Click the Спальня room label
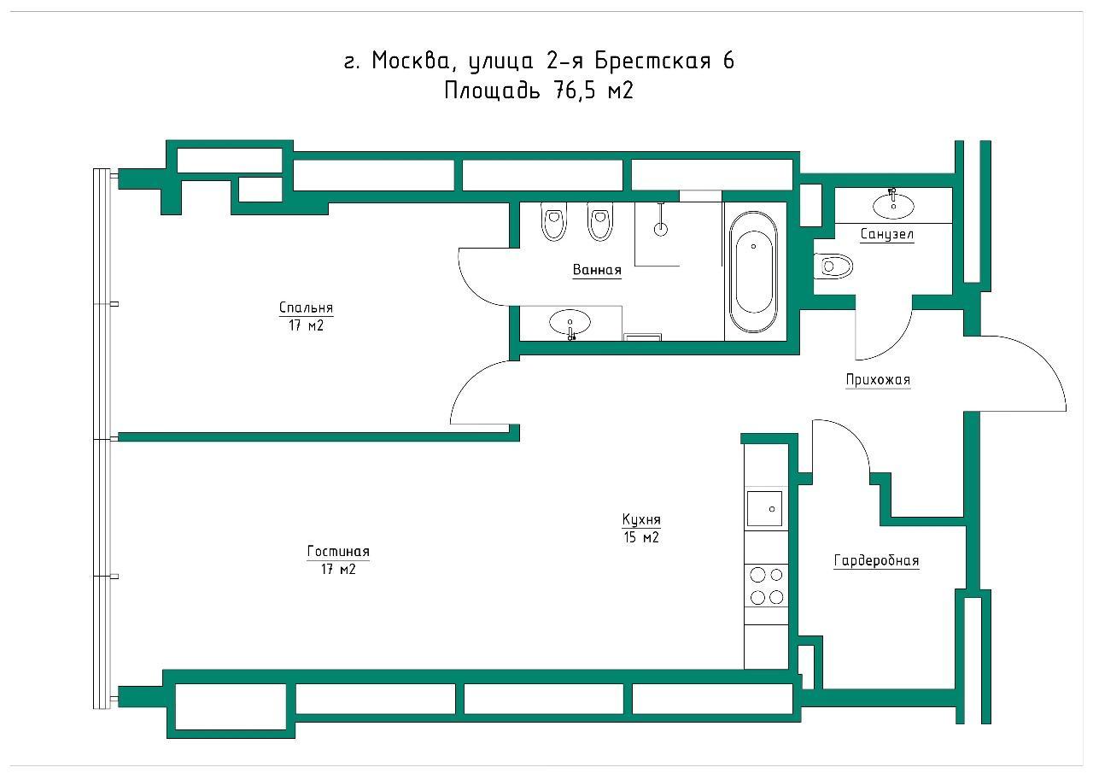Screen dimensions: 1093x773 tap(306, 307)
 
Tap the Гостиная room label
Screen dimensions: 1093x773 tap(338, 552)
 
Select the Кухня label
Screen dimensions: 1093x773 tap(641, 519)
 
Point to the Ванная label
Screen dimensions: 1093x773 tap(597, 270)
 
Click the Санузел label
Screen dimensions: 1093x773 tap(886, 235)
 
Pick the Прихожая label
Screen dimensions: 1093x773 tap(878, 380)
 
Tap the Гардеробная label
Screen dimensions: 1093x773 tap(876, 560)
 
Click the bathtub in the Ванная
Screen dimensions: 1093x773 tap(753, 272)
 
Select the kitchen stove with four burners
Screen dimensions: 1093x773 tap(766, 586)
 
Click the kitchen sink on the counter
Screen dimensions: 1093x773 tap(764, 508)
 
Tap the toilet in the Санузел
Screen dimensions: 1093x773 tap(833, 266)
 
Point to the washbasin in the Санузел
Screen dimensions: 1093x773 tap(893, 205)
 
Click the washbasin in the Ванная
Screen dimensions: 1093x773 tap(570, 323)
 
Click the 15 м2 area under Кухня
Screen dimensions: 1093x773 tap(641, 538)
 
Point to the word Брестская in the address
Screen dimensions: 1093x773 tap(652, 61)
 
